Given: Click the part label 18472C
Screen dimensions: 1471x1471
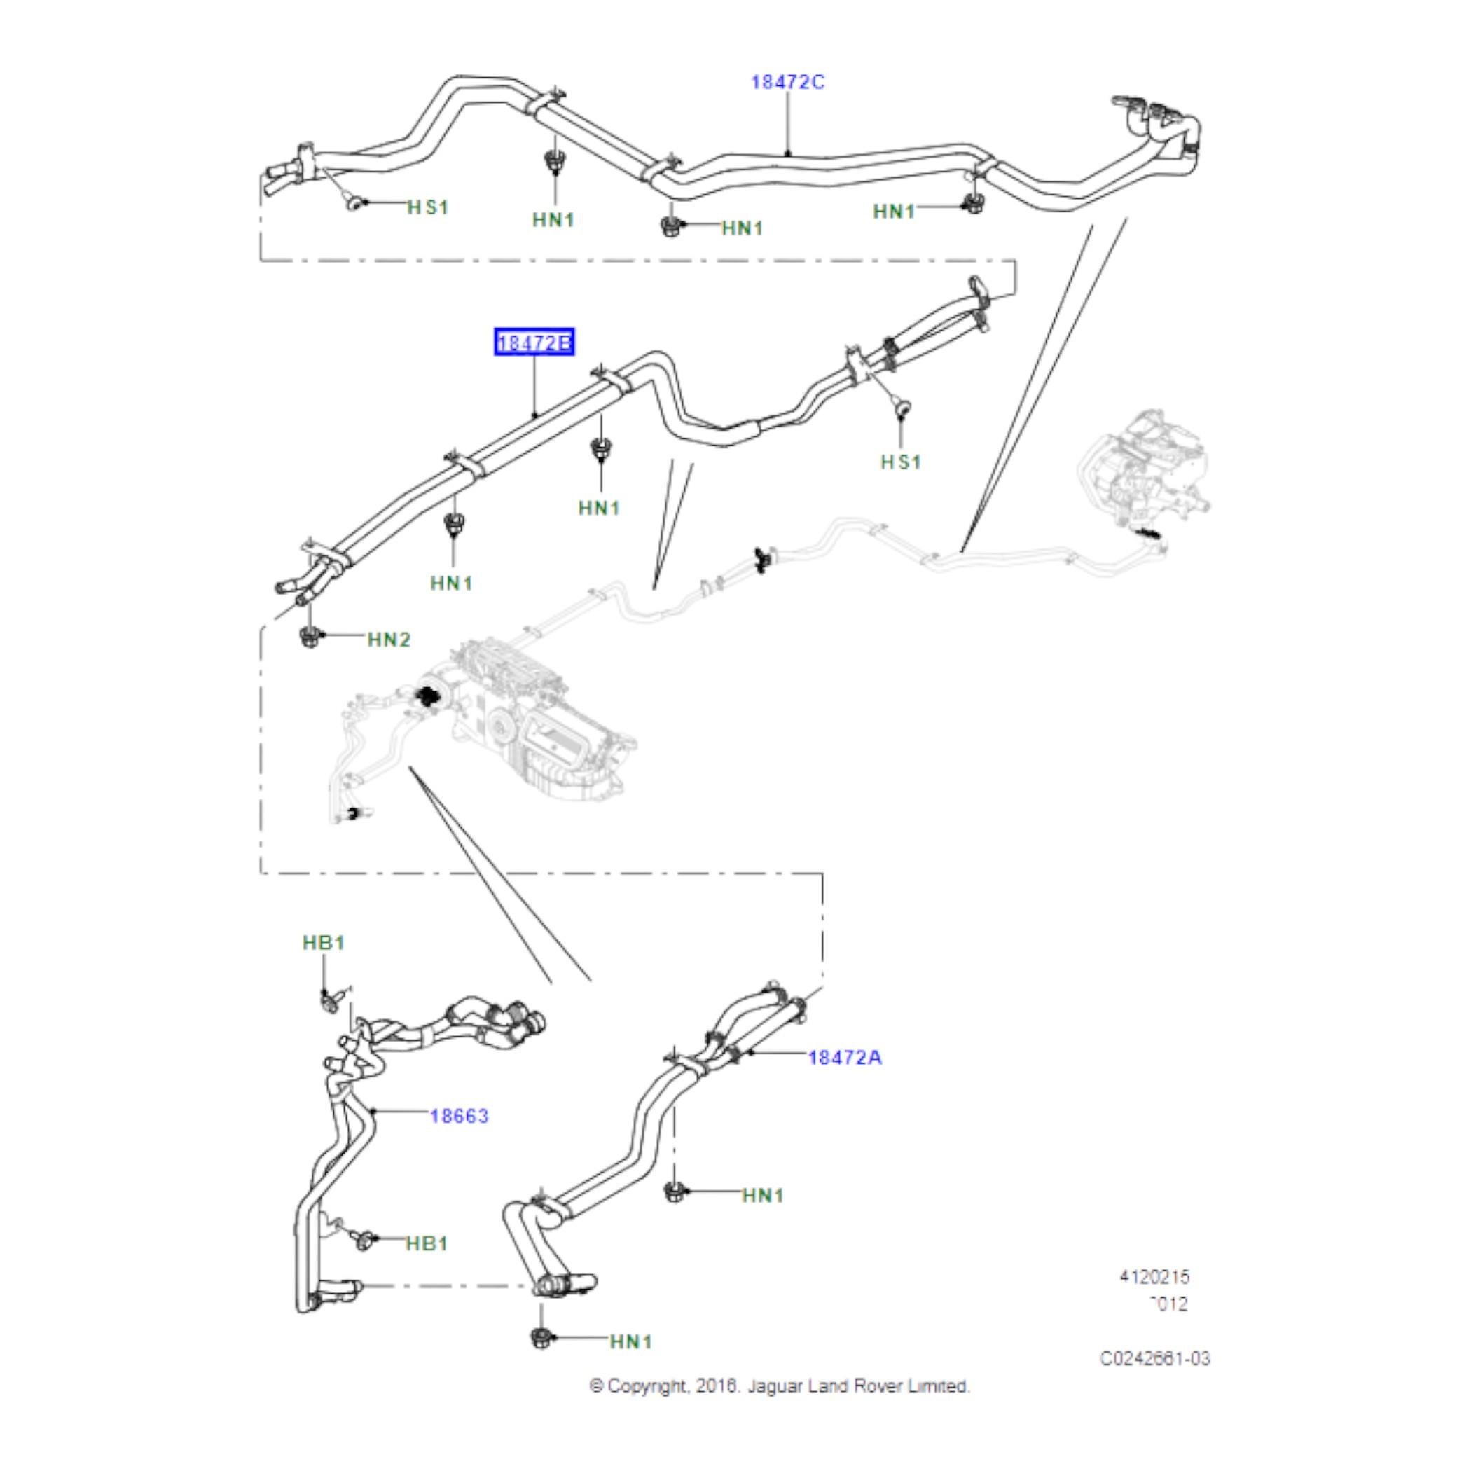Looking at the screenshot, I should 787,82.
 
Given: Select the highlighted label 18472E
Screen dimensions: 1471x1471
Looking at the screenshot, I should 534,343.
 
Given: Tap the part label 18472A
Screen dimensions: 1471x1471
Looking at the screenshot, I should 844,1058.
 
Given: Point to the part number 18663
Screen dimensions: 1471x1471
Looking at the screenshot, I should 459,1116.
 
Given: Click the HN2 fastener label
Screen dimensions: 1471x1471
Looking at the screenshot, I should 388,640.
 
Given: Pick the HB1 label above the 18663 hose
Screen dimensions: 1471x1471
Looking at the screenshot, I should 324,943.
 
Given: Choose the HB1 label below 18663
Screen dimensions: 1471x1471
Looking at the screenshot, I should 427,1243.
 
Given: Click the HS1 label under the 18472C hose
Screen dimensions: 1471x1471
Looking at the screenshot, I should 428,207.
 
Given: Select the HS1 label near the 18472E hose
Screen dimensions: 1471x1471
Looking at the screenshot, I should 901,462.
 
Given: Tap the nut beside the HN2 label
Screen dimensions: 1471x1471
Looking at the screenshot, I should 309,637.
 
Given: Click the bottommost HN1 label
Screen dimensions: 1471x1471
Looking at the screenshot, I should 630,1363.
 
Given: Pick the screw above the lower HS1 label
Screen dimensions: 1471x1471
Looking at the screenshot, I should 903,410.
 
